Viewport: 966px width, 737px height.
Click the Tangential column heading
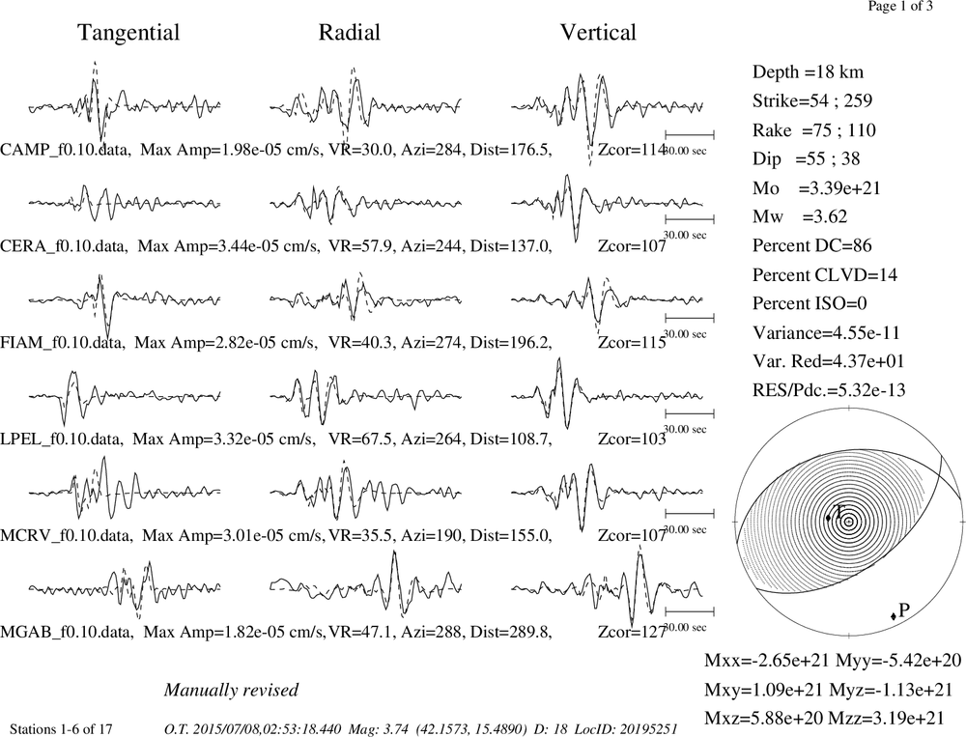pos(128,33)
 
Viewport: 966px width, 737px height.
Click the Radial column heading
pos(350,32)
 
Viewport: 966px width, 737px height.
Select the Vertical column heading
pos(598,32)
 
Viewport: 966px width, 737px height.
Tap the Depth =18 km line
pos(808,72)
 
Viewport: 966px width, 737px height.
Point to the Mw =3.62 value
pos(800,216)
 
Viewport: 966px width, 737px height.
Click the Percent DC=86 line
pos(812,245)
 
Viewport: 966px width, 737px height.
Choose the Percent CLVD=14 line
pos(825,274)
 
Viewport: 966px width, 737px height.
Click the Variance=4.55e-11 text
pos(826,332)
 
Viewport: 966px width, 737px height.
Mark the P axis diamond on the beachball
pos(894,616)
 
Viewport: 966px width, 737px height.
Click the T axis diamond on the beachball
pos(829,519)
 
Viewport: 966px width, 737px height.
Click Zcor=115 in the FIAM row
pos(632,343)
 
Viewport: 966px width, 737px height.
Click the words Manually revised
pos(231,690)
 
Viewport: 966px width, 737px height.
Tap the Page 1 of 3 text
pos(900,6)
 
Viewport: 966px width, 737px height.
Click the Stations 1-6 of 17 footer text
pos(61,729)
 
